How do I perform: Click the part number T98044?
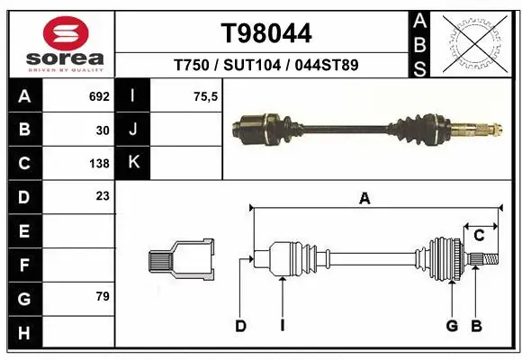[266, 33]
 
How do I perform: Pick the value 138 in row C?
[99, 164]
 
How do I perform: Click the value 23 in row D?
[103, 196]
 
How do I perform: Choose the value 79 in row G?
[103, 296]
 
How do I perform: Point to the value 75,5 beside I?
[206, 96]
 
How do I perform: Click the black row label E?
[24, 231]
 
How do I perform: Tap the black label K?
[133, 163]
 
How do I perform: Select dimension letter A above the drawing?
[364, 199]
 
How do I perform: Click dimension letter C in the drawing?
[480, 236]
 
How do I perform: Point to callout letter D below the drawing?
[240, 326]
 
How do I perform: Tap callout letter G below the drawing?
[452, 326]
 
